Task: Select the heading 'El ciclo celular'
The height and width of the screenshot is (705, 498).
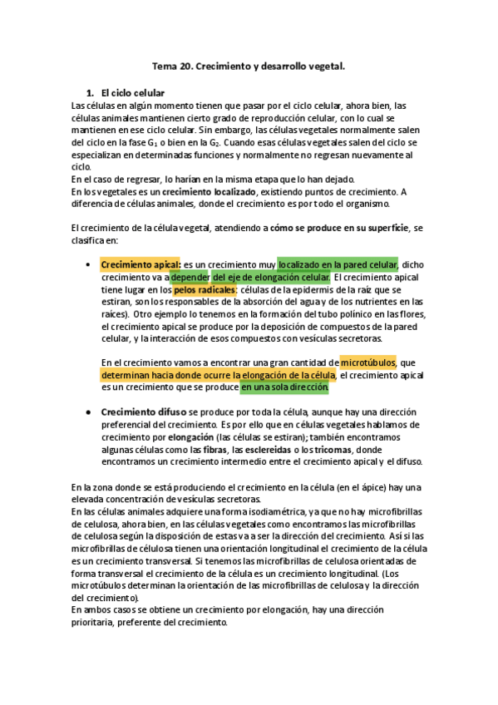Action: (132, 92)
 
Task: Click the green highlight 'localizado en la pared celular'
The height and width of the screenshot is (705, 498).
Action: (338, 264)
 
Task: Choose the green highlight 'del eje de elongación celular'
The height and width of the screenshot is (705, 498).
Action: (270, 277)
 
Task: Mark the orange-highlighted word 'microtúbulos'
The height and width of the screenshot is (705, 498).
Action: (368, 362)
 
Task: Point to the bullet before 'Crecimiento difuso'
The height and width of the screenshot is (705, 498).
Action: (89, 412)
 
